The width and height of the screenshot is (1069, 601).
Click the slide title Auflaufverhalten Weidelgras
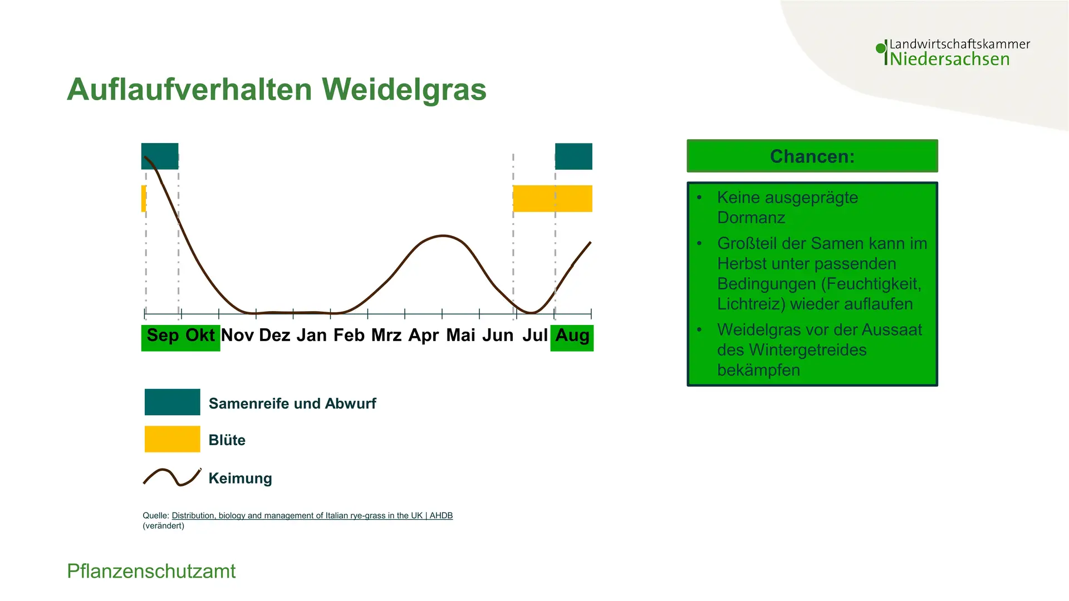click(277, 89)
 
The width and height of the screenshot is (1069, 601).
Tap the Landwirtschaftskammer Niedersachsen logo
click(953, 52)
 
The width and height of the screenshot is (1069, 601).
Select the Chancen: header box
click(812, 156)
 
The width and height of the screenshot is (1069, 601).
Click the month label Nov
click(238, 335)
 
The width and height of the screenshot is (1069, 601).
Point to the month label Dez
click(274, 335)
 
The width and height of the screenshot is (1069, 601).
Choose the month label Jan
click(312, 335)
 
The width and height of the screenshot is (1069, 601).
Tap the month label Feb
click(349, 335)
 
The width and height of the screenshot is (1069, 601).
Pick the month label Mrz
click(386, 335)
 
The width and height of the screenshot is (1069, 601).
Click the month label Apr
click(424, 336)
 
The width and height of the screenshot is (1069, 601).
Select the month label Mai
click(461, 335)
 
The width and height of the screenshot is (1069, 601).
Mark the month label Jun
click(498, 335)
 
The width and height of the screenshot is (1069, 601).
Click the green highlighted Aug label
click(572, 338)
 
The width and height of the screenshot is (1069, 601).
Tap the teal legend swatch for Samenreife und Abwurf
click(173, 402)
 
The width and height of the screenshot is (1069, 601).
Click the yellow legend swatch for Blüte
click(173, 439)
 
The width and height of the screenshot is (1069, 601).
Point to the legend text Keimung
click(241, 478)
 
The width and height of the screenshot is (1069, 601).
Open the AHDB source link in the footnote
click(312, 515)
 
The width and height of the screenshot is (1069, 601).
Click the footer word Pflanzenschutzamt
click(151, 572)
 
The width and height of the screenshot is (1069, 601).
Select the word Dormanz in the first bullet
click(751, 218)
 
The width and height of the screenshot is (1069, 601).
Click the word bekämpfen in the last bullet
click(758, 370)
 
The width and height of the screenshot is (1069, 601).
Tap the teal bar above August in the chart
click(573, 156)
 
